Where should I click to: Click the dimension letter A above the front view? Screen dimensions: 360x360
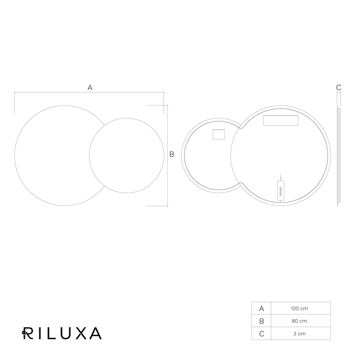click(x=90, y=88)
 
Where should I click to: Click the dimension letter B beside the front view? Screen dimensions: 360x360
click(x=172, y=155)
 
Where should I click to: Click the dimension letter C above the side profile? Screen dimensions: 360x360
click(x=339, y=88)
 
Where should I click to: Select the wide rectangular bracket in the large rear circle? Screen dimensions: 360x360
click(x=281, y=121)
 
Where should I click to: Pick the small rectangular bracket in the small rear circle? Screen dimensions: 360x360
click(x=219, y=134)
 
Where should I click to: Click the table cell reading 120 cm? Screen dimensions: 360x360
click(x=300, y=308)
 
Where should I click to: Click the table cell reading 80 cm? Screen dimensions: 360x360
click(x=300, y=321)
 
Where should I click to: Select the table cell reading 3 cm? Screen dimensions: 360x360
click(x=300, y=334)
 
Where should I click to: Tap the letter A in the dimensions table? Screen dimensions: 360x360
click(x=262, y=309)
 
